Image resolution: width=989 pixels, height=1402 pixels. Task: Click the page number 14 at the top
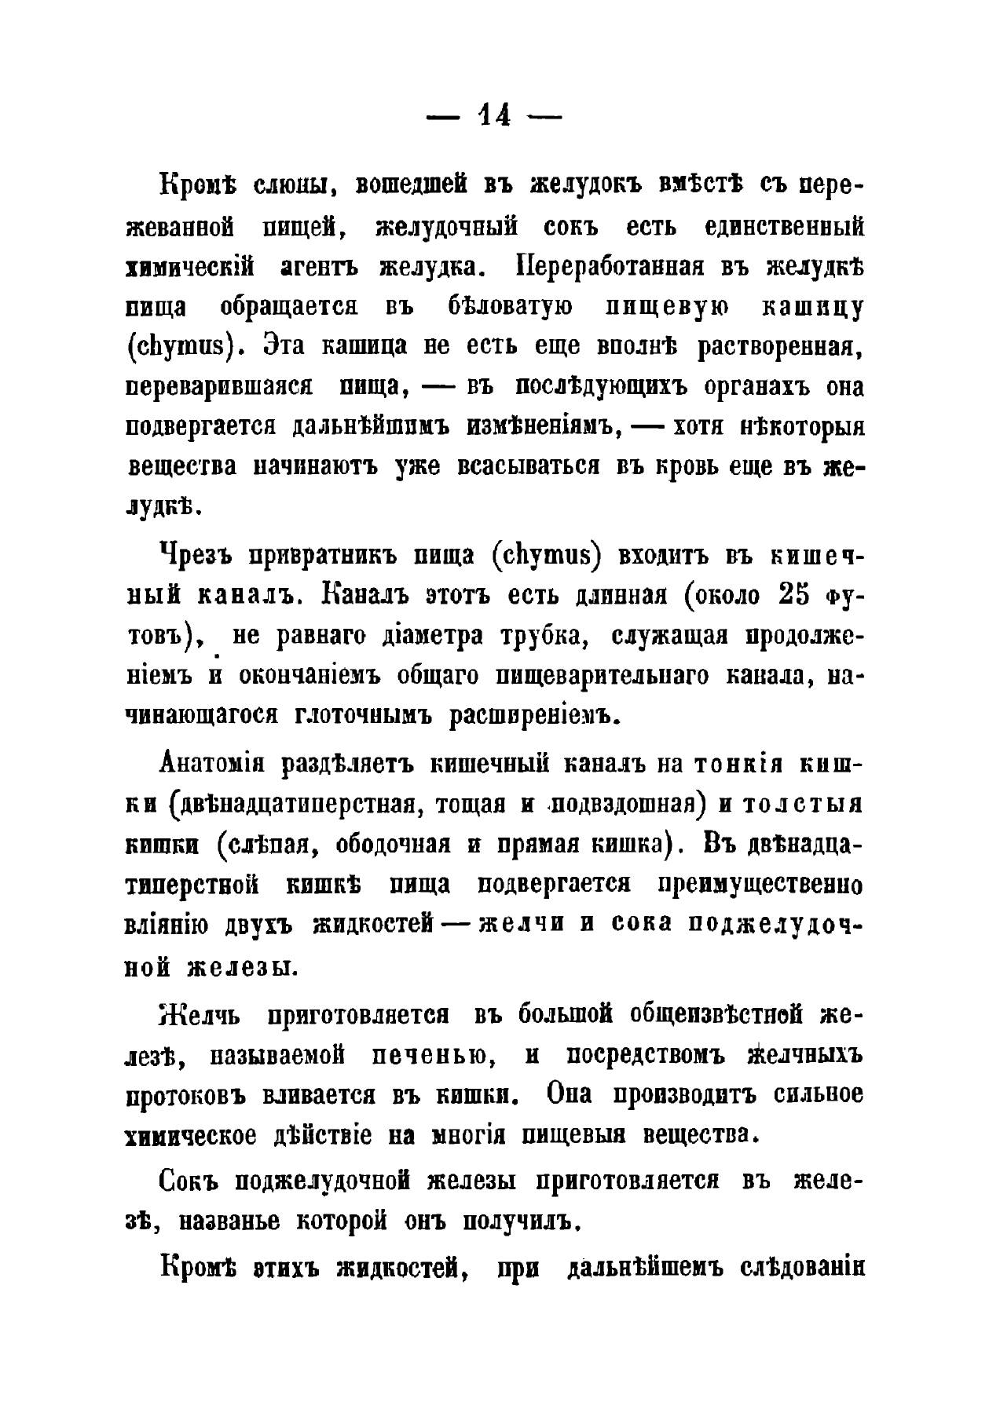click(493, 116)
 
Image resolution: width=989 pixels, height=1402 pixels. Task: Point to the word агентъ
click(319, 267)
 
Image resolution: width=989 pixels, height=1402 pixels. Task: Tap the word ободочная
click(393, 844)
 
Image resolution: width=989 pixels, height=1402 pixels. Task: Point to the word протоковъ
click(185, 1095)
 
